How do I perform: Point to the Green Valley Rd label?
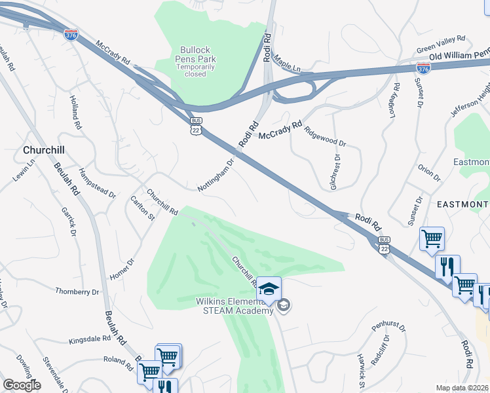tap(440, 43)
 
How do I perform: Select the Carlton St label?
tap(142, 208)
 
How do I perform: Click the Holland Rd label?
tap(75, 112)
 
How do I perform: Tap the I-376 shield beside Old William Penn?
tap(424, 67)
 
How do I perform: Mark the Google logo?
tap(22, 385)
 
